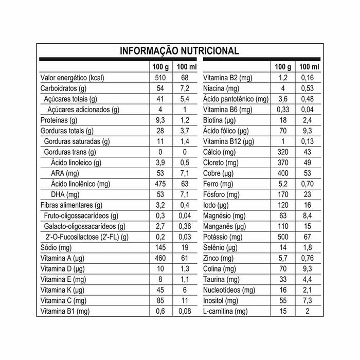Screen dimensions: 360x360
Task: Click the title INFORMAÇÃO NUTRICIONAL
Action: pyautogui.click(x=179, y=51)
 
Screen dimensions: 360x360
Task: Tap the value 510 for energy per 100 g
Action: pyautogui.click(x=160, y=78)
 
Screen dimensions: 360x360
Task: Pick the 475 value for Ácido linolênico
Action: pyautogui.click(x=160, y=184)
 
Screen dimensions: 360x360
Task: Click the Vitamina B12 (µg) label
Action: pyautogui.click(x=229, y=141)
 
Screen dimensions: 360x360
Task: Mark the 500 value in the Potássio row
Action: pyautogui.click(x=282, y=237)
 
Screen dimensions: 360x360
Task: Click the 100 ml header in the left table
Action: pyautogui.click(x=186, y=67)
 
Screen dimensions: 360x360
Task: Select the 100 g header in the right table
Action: pyautogui.click(x=282, y=67)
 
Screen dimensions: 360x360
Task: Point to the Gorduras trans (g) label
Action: pyautogui.click(x=70, y=152)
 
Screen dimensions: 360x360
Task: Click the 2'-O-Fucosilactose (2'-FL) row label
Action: pyautogui.click(x=87, y=237)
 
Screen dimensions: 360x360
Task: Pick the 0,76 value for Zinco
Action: pyautogui.click(x=309, y=258)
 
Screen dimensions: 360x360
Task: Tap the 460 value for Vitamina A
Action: pyautogui.click(x=160, y=258)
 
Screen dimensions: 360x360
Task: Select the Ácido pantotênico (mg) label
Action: pyautogui.click(x=236, y=99)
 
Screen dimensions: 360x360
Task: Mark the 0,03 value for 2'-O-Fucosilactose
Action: pyautogui.click(x=186, y=237)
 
